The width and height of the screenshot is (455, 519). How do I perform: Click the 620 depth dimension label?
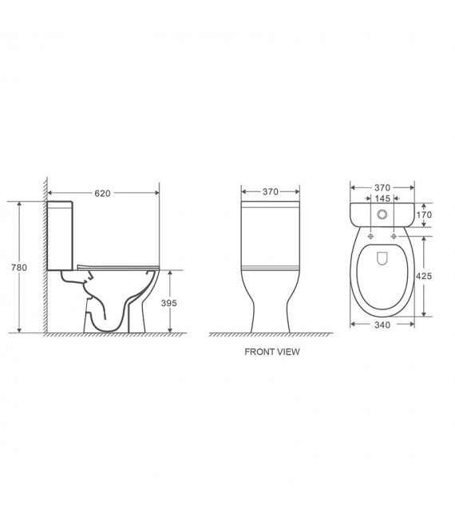pyautogui.click(x=102, y=193)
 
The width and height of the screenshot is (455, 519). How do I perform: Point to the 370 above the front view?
pyautogui.click(x=271, y=192)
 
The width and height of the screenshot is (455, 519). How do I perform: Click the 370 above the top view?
pyautogui.click(x=382, y=187)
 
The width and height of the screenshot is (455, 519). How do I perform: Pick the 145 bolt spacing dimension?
pyautogui.click(x=382, y=199)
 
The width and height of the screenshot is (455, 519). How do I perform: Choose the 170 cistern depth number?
pyautogui.click(x=424, y=214)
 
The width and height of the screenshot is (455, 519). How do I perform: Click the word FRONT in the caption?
pyautogui.click(x=259, y=352)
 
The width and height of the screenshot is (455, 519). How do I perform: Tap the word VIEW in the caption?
pyautogui.click(x=288, y=352)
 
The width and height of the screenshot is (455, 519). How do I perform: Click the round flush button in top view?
pyautogui.click(x=382, y=214)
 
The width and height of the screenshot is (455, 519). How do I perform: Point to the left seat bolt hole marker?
pyautogui.click(x=371, y=237)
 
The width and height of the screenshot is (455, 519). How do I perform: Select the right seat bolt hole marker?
pyautogui.click(x=394, y=237)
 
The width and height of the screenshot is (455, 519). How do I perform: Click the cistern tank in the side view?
pyautogui.click(x=61, y=236)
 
